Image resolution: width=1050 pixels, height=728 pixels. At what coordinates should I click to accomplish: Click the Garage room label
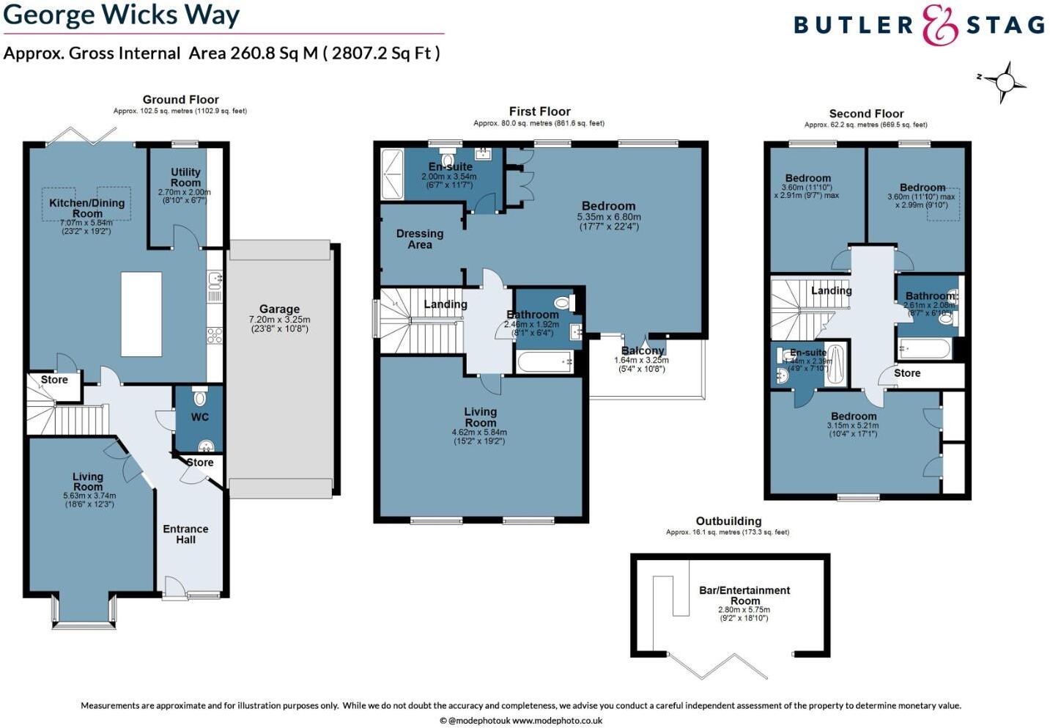(279, 309)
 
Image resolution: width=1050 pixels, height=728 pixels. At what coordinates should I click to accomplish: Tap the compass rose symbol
(1005, 81)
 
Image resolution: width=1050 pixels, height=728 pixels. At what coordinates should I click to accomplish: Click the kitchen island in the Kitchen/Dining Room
(141, 314)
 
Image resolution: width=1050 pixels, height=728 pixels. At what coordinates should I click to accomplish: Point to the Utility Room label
(185, 177)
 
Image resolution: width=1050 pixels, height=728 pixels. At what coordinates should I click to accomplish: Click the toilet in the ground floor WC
(199, 398)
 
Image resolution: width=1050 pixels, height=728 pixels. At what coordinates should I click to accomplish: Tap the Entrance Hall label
(185, 534)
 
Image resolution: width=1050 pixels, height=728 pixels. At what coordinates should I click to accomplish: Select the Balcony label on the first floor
(643, 350)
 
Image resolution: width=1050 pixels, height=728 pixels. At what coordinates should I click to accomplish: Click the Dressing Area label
(420, 239)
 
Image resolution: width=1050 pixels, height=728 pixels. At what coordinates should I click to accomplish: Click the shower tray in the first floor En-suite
(391, 174)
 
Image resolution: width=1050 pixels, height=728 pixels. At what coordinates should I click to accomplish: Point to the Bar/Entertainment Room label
(744, 595)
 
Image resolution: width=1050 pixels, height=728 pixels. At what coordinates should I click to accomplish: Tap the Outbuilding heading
(728, 521)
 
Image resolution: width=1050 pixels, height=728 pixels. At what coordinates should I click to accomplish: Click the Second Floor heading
(866, 114)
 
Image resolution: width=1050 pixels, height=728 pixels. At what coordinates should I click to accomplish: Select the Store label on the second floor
(907, 373)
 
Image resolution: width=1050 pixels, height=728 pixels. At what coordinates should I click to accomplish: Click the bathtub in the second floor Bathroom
(924, 348)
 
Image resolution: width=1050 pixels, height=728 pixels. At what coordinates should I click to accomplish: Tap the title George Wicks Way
(122, 15)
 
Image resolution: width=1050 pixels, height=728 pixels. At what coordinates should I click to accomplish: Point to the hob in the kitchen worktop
(215, 336)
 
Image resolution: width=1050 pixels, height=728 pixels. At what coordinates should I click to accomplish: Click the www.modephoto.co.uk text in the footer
(557, 721)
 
